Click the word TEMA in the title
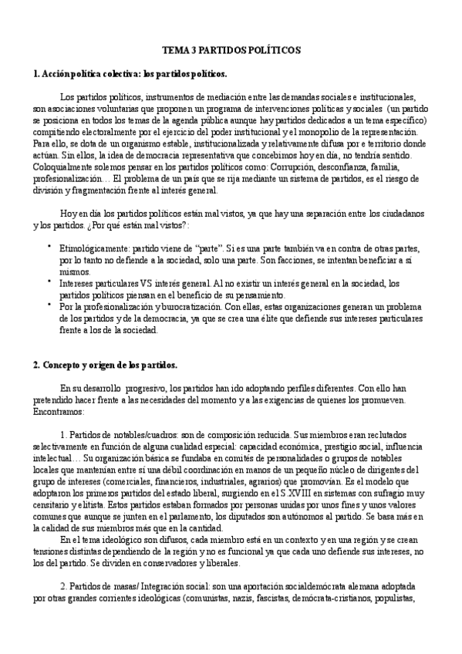pos(174,49)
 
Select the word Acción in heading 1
pos(58,74)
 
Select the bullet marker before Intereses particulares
pos(49,281)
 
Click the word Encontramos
pos(60,412)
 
